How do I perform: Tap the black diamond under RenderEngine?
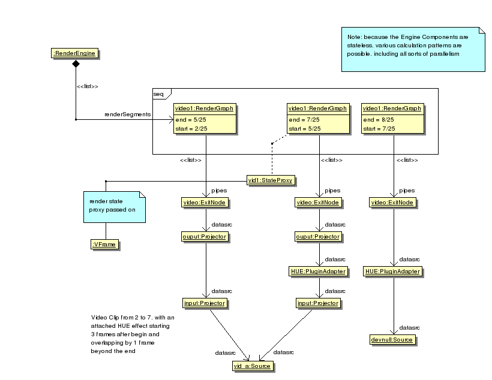(76, 64)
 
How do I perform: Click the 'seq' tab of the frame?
(159, 94)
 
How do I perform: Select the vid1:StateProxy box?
(272, 180)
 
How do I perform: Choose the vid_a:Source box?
(252, 366)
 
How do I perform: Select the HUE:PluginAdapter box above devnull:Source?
(393, 272)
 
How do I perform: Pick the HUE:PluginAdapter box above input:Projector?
(318, 272)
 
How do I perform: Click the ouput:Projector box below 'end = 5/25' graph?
(204, 237)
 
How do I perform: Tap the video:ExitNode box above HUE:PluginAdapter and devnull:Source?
(393, 203)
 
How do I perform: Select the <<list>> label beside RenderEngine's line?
(88, 86)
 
